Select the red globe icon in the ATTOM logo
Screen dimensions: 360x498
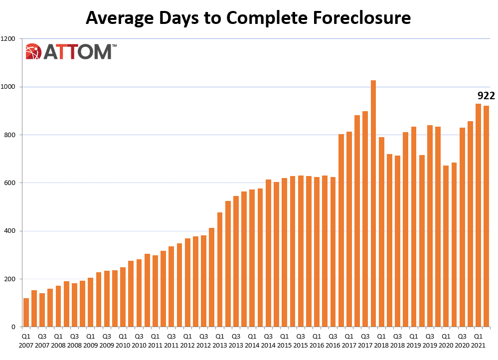(x=33, y=52)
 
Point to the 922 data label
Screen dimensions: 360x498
(x=486, y=96)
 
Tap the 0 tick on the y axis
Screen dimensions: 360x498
(x=15, y=327)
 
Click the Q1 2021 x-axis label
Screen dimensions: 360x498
(x=478, y=340)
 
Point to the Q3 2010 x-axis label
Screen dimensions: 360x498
(x=139, y=340)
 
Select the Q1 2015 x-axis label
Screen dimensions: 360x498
(x=284, y=340)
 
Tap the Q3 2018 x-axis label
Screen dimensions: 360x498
(x=397, y=340)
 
